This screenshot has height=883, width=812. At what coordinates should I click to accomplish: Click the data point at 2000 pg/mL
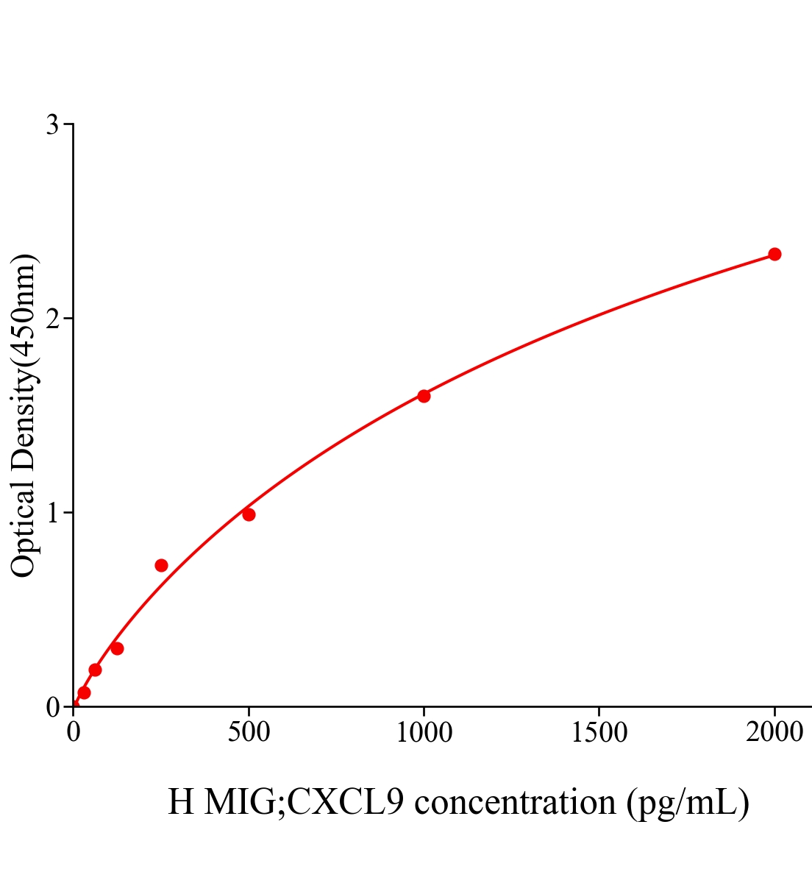[774, 254]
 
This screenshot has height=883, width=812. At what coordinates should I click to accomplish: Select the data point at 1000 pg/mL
[424, 396]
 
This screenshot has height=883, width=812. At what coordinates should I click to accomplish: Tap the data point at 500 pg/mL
[249, 514]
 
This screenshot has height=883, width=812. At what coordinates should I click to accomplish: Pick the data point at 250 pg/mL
[161, 565]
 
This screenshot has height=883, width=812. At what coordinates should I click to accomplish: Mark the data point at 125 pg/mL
[117, 648]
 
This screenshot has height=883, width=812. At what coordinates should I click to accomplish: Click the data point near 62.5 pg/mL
[95, 670]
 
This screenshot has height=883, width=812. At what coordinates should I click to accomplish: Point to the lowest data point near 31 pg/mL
[84, 692]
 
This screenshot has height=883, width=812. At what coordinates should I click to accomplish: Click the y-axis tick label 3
[53, 125]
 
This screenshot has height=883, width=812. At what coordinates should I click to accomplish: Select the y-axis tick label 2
[53, 319]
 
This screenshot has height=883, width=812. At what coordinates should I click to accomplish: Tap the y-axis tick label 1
[53, 513]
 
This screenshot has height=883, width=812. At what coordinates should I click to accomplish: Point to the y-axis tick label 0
[53, 707]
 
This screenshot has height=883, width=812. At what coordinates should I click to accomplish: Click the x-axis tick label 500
[249, 733]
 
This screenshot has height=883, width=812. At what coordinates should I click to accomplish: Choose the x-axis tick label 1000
[424, 733]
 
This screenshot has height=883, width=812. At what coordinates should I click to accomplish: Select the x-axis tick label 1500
[599, 733]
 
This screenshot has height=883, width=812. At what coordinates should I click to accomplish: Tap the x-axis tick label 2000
[774, 733]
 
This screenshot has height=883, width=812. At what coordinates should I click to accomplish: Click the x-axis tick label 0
[74, 733]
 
